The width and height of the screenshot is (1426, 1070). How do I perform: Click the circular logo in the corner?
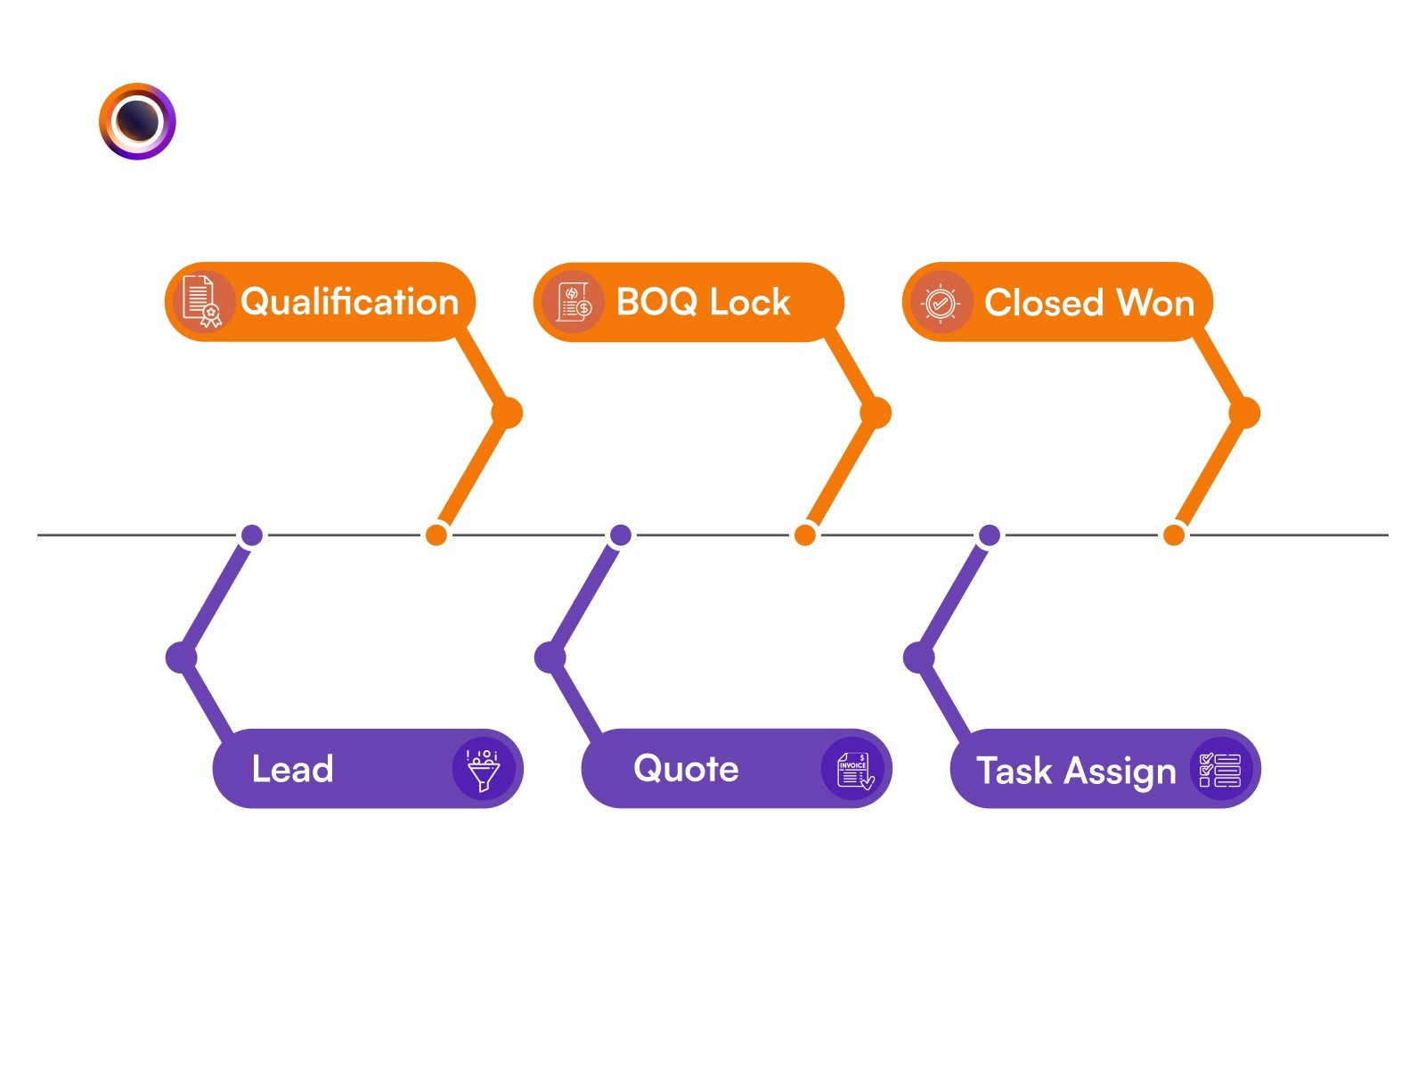pyautogui.click(x=137, y=121)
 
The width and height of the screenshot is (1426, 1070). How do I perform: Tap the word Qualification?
pyautogui.click(x=349, y=302)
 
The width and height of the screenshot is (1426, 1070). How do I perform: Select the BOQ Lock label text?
pyautogui.click(x=703, y=302)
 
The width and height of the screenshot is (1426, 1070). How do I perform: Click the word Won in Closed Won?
pyautogui.click(x=1155, y=303)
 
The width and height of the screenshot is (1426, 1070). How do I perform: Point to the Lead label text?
pyautogui.click(x=292, y=769)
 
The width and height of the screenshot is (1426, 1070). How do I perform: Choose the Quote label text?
pyautogui.click(x=686, y=768)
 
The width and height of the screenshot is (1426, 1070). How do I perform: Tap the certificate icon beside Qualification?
pyautogui.click(x=201, y=302)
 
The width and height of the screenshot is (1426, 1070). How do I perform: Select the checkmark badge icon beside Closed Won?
pyautogui.click(x=941, y=303)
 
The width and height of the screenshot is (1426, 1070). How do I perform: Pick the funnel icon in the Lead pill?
pyautogui.click(x=484, y=769)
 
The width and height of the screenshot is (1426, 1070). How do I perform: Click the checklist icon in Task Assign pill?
pyautogui.click(x=1220, y=770)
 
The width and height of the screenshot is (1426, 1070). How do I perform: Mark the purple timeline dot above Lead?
pyautogui.click(x=252, y=535)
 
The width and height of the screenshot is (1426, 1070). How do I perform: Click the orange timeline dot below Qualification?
pyautogui.click(x=436, y=535)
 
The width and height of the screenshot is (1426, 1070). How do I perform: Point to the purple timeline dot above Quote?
pyautogui.click(x=621, y=535)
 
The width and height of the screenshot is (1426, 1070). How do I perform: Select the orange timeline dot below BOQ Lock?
pyautogui.click(x=805, y=535)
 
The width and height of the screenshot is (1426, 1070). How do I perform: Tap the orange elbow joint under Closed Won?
pyautogui.click(x=1245, y=412)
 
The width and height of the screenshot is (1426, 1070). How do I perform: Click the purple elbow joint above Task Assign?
pyautogui.click(x=918, y=658)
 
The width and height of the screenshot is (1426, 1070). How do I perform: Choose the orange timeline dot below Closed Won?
pyautogui.click(x=1174, y=535)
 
